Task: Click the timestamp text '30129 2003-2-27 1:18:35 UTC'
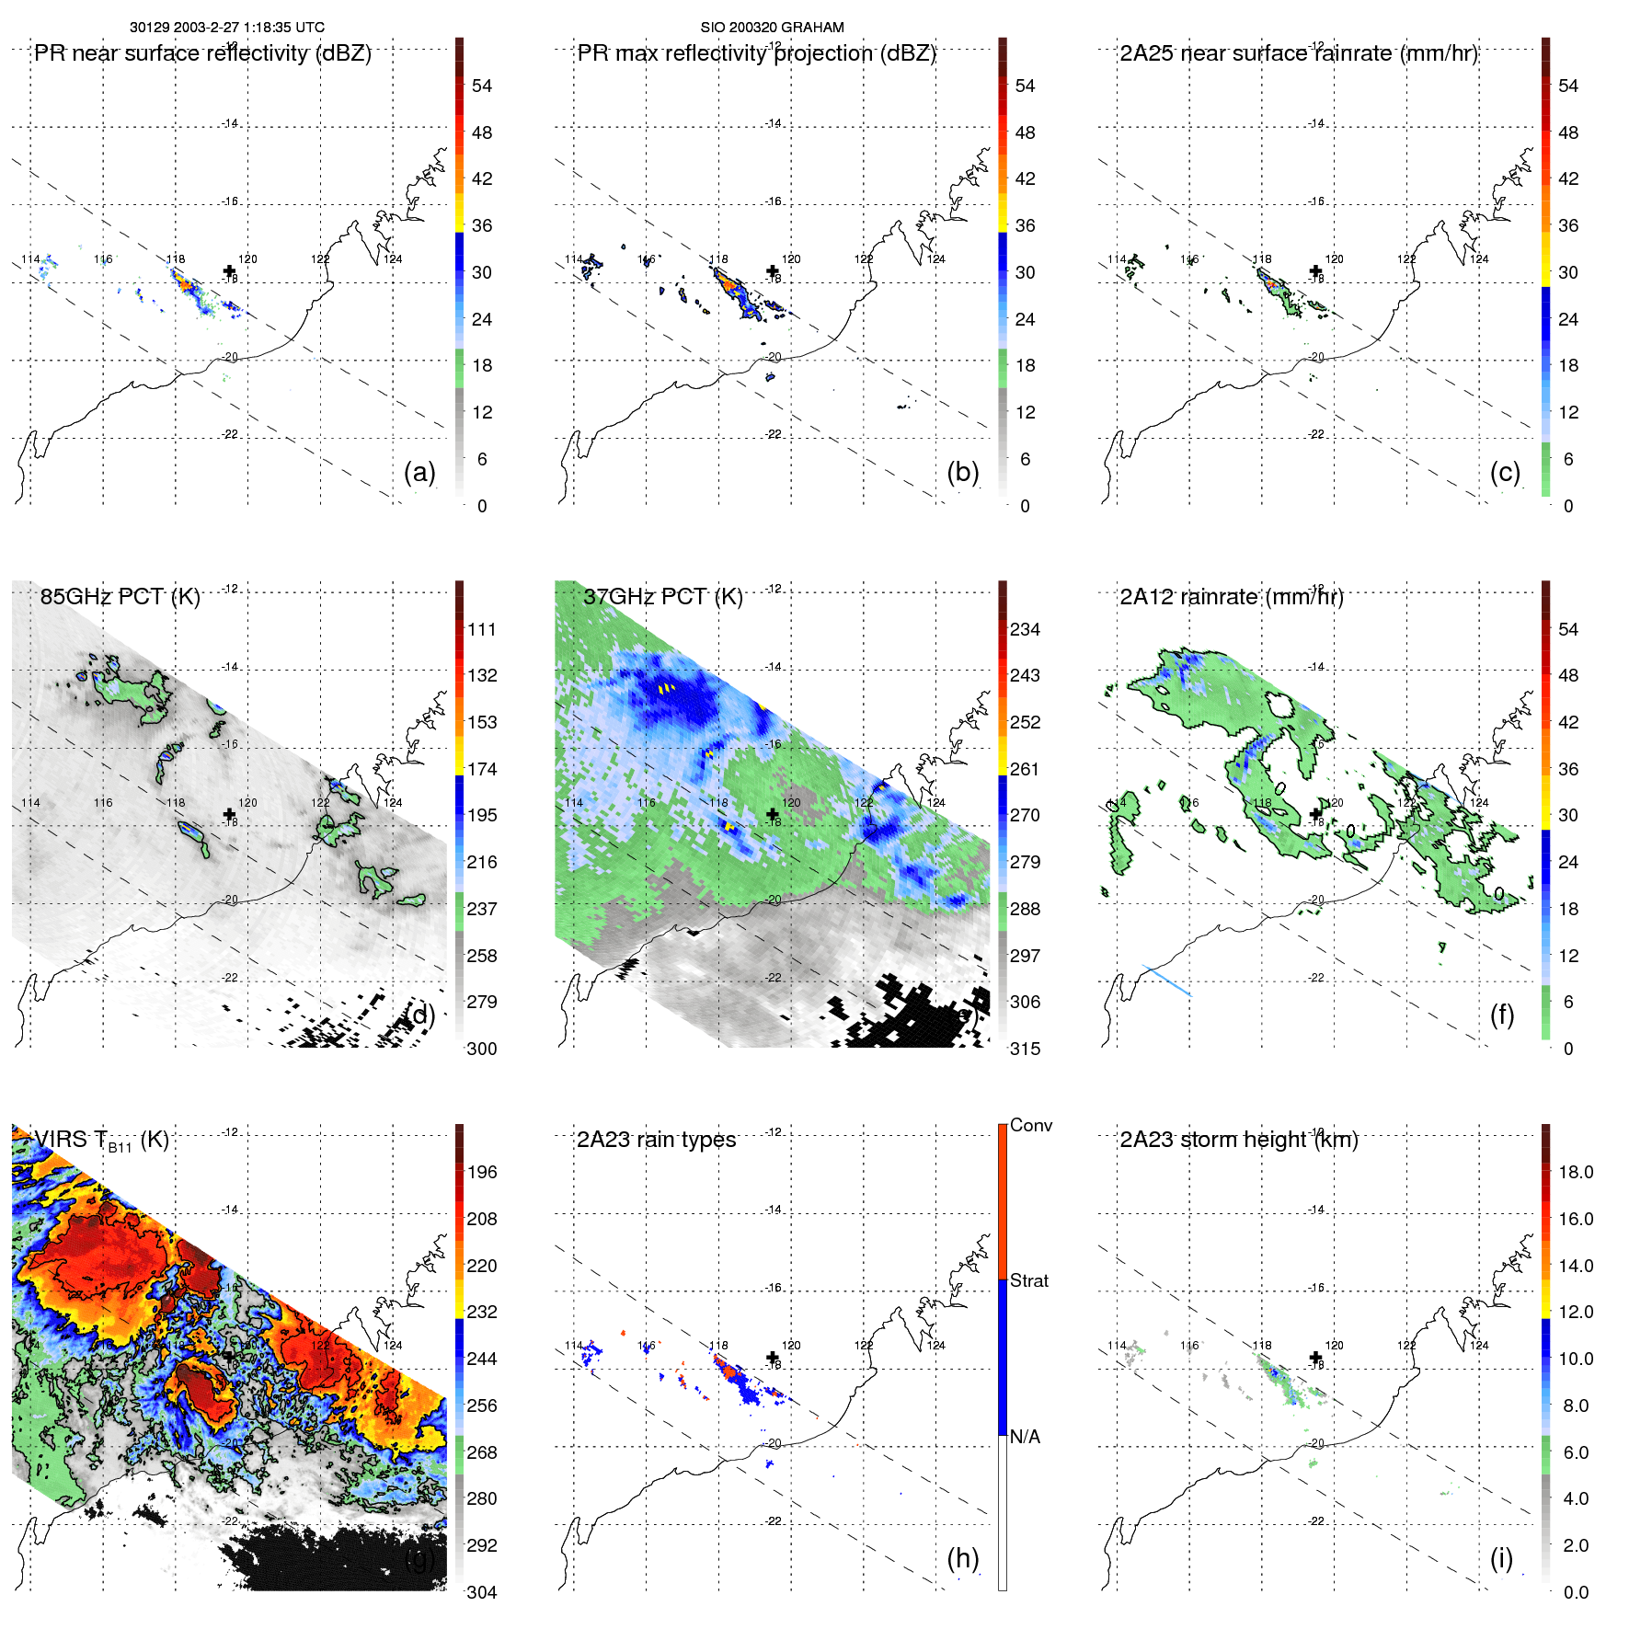[x=226, y=28]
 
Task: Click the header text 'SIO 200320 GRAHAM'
[x=772, y=28]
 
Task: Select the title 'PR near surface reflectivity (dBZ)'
[x=202, y=53]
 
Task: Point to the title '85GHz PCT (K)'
[x=120, y=597]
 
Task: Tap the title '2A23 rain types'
[x=656, y=1140]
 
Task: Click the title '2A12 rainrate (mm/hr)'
[x=1231, y=597]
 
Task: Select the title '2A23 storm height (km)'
[x=1238, y=1140]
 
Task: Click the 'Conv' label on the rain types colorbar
[x=1030, y=1125]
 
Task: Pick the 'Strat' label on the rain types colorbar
[x=1028, y=1280]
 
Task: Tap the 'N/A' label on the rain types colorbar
[x=1025, y=1437]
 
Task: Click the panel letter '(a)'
[x=419, y=472]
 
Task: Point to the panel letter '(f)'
[x=1502, y=1015]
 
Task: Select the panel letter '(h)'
[x=963, y=1558]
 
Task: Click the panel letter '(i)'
[x=1501, y=1558]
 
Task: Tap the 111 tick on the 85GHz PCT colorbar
[x=482, y=629]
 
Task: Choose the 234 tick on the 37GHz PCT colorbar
[x=1025, y=629]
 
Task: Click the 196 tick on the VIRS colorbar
[x=482, y=1172]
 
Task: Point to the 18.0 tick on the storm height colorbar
[x=1576, y=1172]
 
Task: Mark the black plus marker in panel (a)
[x=229, y=270]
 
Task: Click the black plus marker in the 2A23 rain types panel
[x=773, y=1357]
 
